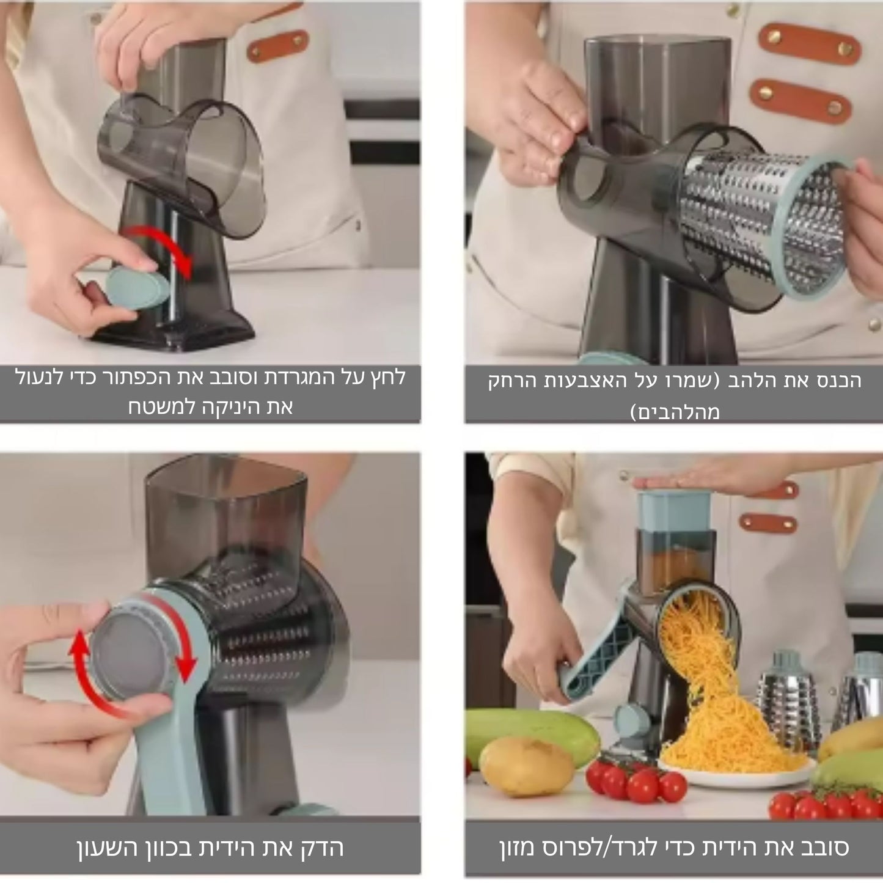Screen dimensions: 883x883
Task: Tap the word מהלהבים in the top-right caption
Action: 674,412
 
